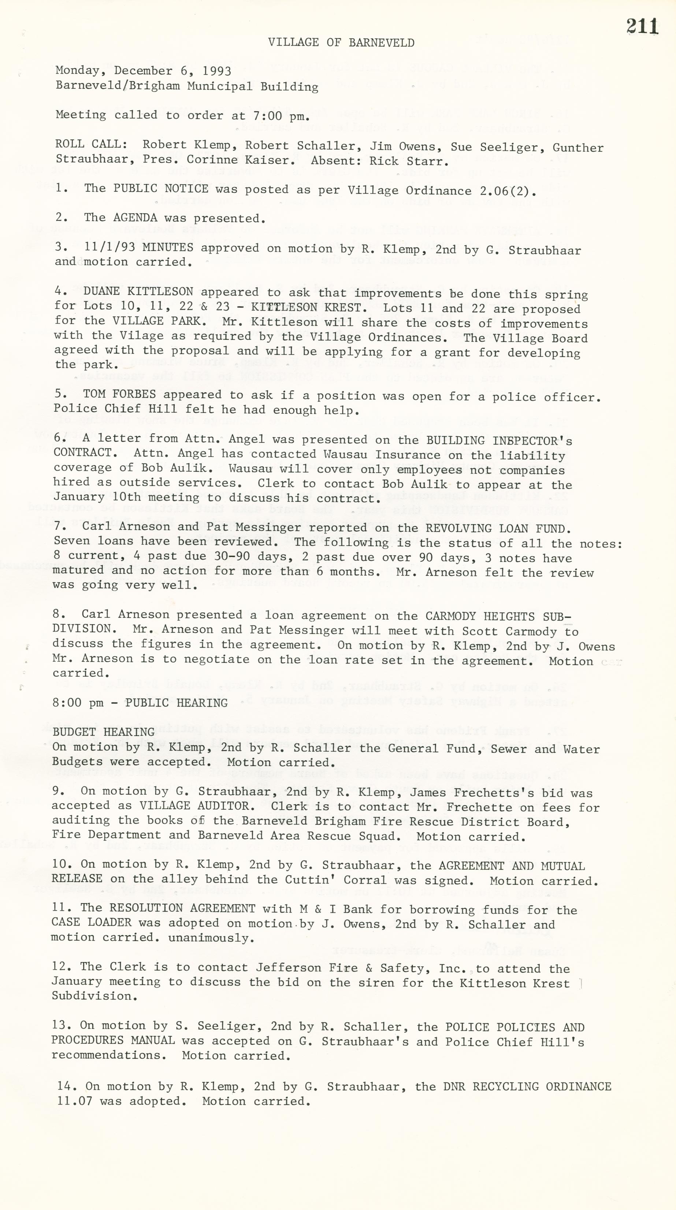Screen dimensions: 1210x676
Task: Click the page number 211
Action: point(642,26)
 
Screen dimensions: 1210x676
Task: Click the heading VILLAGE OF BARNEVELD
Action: point(341,43)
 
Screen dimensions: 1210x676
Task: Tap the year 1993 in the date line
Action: point(217,71)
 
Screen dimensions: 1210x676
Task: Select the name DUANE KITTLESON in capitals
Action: point(138,291)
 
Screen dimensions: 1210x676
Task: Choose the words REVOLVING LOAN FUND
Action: point(498,528)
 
